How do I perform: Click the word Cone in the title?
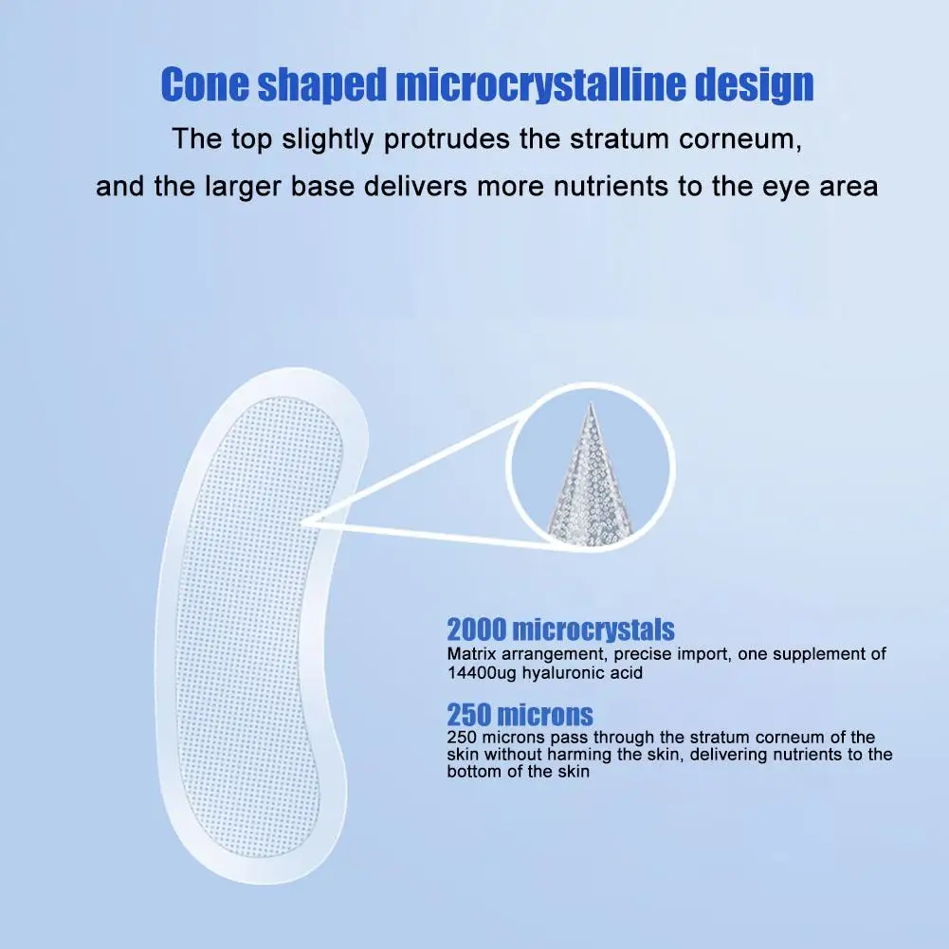click(205, 83)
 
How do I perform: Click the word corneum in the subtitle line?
click(740, 139)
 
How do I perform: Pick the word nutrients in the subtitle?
click(611, 187)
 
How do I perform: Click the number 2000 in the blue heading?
click(476, 630)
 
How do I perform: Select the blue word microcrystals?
click(593, 630)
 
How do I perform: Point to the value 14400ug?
click(482, 673)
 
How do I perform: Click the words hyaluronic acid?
click(582, 673)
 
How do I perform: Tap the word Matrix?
click(471, 654)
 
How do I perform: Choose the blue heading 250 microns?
click(520, 715)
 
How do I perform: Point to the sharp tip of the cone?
click(591, 403)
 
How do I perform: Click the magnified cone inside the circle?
click(590, 478)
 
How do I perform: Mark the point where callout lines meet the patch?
click(304, 521)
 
